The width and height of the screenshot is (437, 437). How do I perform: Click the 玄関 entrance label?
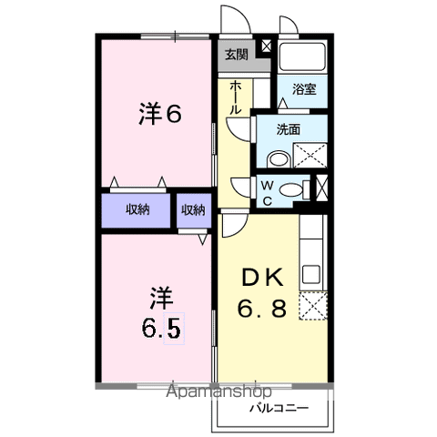pos(235,54)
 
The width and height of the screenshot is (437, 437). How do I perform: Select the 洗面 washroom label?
pos(289,129)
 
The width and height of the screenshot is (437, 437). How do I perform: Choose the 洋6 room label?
pos(161,114)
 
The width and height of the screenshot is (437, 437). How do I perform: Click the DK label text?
pos(264,277)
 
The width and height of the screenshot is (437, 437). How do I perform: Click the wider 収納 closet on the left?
pos(137,210)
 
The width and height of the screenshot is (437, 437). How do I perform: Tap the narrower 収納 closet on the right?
pos(192,210)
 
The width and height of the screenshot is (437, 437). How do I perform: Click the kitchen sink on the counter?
pos(311,272)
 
